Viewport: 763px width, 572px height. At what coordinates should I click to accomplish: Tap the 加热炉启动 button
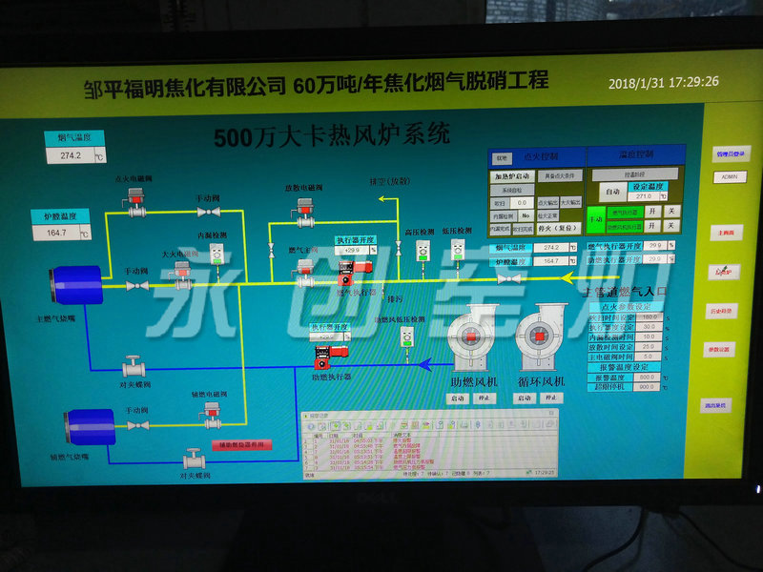click(511, 176)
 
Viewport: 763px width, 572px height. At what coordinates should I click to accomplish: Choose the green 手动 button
click(595, 219)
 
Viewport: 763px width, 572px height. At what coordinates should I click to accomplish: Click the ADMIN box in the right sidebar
click(730, 177)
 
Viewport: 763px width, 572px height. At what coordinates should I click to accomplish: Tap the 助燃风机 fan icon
click(471, 338)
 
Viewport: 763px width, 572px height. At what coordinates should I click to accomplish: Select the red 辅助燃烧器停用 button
click(241, 444)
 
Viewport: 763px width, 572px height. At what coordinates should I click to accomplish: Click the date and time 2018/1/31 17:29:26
click(664, 83)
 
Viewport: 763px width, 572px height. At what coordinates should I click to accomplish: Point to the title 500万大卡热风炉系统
click(331, 135)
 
